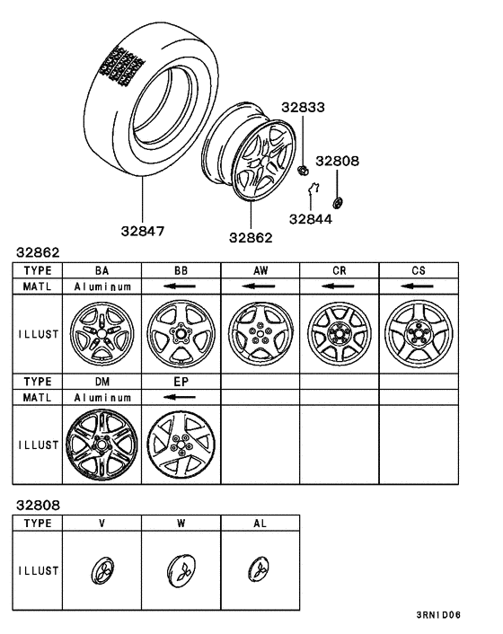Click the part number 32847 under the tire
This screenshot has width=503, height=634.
144,230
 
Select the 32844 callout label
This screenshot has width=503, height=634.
310,217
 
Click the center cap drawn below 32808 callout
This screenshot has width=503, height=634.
338,201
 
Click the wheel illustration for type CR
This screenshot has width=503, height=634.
339,335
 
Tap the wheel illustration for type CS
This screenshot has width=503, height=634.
418,335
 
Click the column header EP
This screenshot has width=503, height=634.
181,381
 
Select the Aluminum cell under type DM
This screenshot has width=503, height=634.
101,396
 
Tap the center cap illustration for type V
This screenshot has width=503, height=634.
101,569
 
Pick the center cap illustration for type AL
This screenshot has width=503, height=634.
259,569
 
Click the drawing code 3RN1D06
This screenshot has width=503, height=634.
437,615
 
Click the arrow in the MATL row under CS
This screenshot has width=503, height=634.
417,286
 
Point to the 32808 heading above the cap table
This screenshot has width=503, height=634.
36,506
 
